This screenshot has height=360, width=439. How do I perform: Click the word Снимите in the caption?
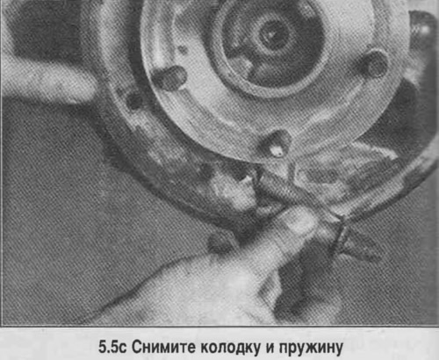(163, 348)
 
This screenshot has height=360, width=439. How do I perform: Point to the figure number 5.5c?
(112, 348)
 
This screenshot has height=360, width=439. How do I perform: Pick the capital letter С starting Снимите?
(136, 348)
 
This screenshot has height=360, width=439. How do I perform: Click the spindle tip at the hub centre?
(271, 34)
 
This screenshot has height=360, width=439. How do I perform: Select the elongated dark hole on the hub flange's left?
(169, 78)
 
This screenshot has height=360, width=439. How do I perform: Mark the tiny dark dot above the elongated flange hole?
(183, 49)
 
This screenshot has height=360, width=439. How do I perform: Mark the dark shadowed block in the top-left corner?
(41, 29)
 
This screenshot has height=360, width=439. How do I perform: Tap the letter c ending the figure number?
(123, 349)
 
